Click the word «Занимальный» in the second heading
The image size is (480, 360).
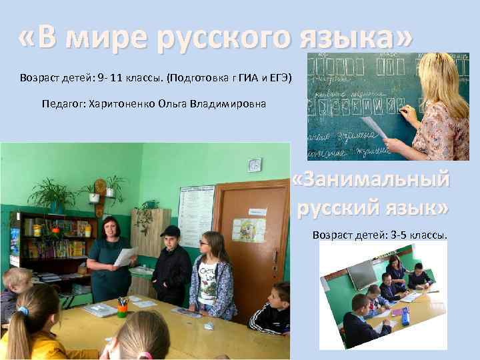click(371, 181)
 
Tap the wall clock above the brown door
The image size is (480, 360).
click(255, 165)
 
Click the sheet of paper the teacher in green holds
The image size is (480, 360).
click(125, 256)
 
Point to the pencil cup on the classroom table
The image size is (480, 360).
click(122, 307)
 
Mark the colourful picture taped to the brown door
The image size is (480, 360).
click(249, 230)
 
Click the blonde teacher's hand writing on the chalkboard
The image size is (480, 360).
click(408, 114)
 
